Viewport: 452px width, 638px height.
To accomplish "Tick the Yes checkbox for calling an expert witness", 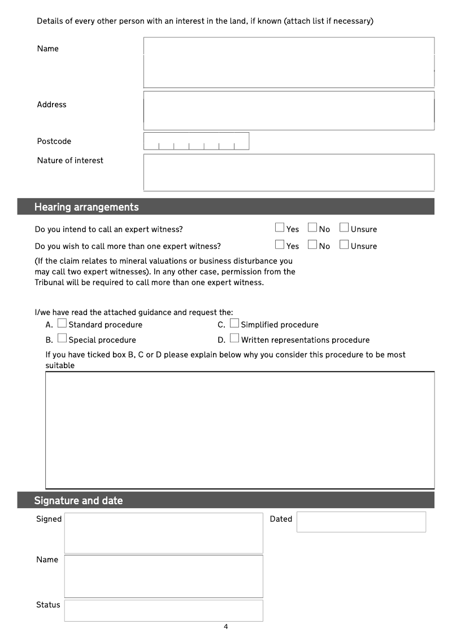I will click(280, 228).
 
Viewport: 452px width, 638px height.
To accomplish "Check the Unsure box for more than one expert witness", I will click(344, 244).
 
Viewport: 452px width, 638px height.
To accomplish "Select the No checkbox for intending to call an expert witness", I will click(312, 228).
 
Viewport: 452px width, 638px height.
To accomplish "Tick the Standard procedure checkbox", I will click(62, 324).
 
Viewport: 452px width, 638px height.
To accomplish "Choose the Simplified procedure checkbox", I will click(234, 324).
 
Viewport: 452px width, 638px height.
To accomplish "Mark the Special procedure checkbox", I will click(62, 339).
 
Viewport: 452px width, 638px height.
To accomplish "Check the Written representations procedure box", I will click(234, 339).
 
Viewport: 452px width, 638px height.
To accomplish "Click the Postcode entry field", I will click(196, 141).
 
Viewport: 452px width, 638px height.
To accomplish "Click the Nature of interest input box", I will click(289, 172).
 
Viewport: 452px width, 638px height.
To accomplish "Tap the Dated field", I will click(361, 522).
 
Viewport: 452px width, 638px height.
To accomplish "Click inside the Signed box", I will click(163, 533).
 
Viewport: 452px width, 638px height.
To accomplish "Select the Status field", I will click(163, 610).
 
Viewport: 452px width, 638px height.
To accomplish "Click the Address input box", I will click(289, 111).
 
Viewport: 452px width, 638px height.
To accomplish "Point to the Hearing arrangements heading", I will click(86, 207).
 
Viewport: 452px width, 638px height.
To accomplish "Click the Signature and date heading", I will click(79, 501).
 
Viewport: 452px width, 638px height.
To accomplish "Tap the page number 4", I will click(226, 627).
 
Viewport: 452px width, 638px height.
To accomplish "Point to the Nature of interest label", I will click(70, 160).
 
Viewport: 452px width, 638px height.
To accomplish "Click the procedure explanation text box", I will click(240, 430).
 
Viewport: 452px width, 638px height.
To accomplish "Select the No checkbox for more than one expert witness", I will click(312, 244).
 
